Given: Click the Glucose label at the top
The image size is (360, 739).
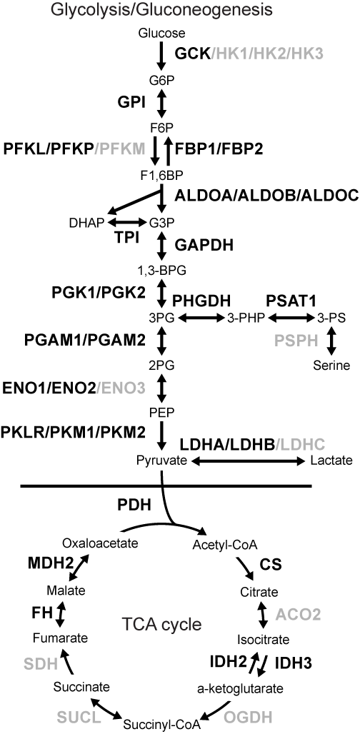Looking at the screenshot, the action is pyautogui.click(x=161, y=33).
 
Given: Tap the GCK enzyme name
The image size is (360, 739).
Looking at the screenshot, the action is pyautogui.click(x=192, y=54).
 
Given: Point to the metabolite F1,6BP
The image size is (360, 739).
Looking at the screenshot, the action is pyautogui.click(x=161, y=174).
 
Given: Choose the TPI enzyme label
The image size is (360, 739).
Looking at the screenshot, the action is pyautogui.click(x=126, y=238).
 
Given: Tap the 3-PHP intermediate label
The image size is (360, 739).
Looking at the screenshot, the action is pyautogui.click(x=246, y=318).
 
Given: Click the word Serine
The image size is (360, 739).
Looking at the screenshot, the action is pyautogui.click(x=331, y=366).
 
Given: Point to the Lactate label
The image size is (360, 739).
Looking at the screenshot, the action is pyautogui.click(x=331, y=461).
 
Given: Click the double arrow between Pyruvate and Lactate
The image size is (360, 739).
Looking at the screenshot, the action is pyautogui.click(x=247, y=461).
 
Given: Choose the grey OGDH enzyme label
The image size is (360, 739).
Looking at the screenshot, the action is pyautogui.click(x=248, y=718).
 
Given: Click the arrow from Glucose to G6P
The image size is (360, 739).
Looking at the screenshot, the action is pyautogui.click(x=161, y=54).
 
